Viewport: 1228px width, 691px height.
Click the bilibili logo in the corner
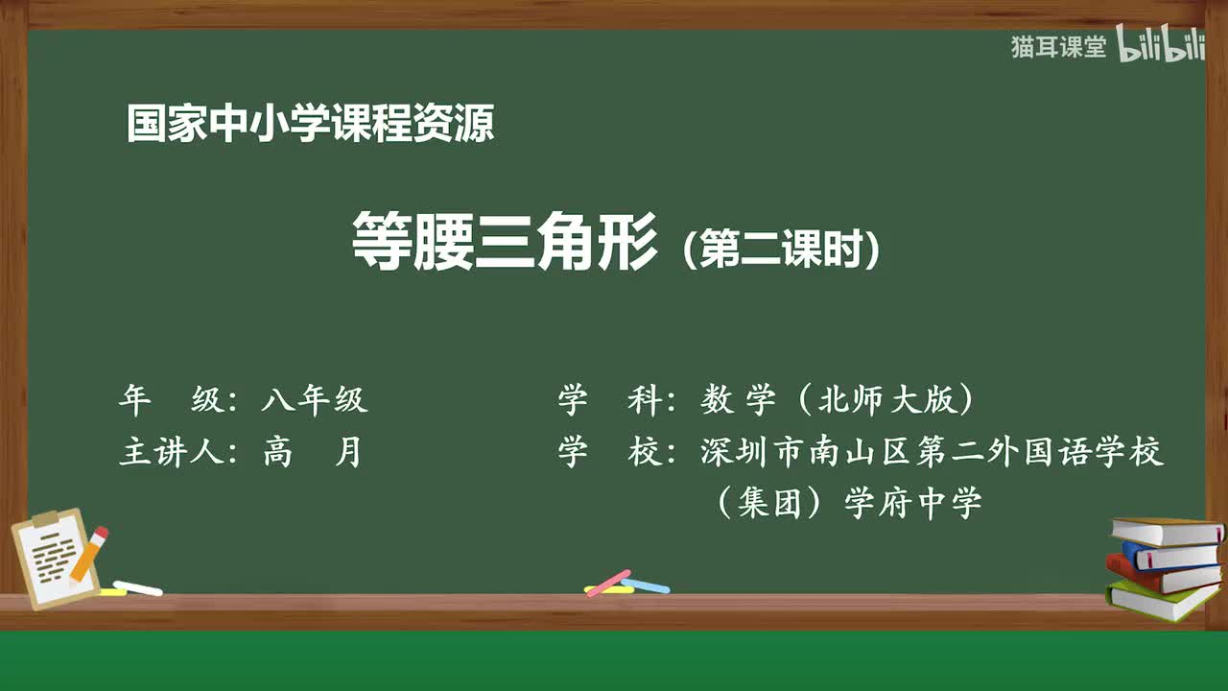pos(1161,48)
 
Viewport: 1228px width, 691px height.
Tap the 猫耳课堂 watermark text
pos(1058,47)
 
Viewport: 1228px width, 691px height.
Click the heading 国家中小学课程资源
pos(310,125)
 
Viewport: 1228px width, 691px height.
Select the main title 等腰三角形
pos(505,242)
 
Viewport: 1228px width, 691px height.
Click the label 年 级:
pos(177,400)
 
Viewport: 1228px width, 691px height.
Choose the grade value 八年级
pos(315,400)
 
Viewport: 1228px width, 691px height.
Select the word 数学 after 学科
pos(738,400)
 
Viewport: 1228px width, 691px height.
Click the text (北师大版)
pos(884,400)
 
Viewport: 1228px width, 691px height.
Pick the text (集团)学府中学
pos(848,503)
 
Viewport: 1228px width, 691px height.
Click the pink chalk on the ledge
pos(607,583)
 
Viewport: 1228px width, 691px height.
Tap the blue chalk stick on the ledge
pos(646,584)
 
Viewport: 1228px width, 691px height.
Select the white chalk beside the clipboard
pos(138,587)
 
